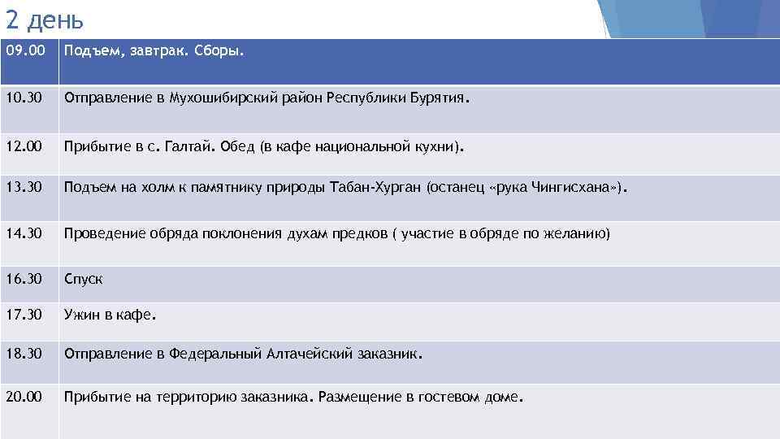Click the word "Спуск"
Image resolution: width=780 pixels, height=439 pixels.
click(x=84, y=280)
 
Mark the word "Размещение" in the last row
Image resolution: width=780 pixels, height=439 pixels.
click(x=354, y=398)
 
